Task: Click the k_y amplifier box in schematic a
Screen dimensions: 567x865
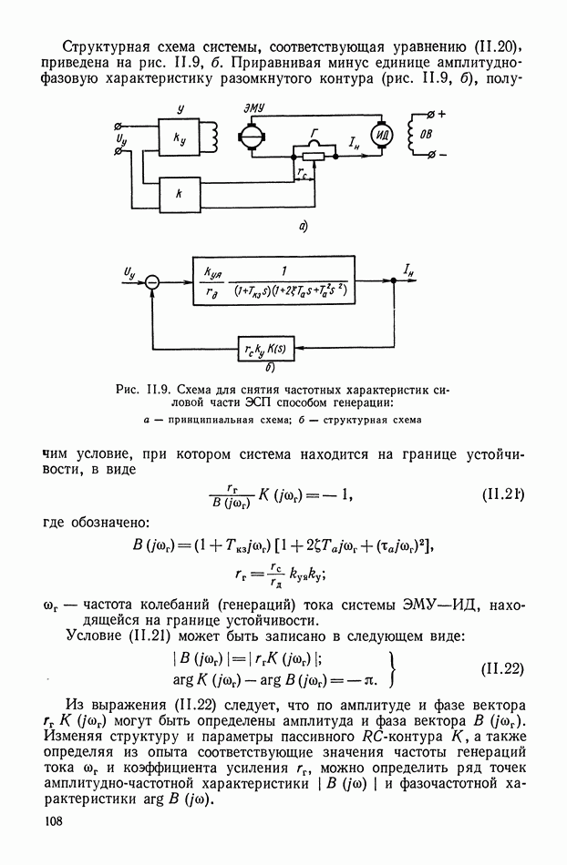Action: coord(180,137)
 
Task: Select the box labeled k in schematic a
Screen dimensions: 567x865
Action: coord(180,195)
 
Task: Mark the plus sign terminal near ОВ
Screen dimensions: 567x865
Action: coord(442,114)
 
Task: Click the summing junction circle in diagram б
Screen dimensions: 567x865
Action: coord(152,282)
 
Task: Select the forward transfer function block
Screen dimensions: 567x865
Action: coord(274,280)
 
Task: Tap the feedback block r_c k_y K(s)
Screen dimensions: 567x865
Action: coord(265,349)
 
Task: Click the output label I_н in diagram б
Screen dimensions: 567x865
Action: coord(409,270)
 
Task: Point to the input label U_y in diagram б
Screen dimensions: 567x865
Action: coord(129,272)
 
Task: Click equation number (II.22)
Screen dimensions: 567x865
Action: coord(502,668)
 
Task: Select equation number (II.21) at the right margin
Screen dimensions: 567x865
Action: coord(502,494)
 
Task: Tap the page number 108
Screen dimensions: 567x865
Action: coord(53,821)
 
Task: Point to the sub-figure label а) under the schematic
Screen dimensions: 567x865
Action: coord(304,225)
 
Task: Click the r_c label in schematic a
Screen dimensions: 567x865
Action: coord(303,173)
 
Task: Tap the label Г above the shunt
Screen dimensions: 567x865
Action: coord(314,132)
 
